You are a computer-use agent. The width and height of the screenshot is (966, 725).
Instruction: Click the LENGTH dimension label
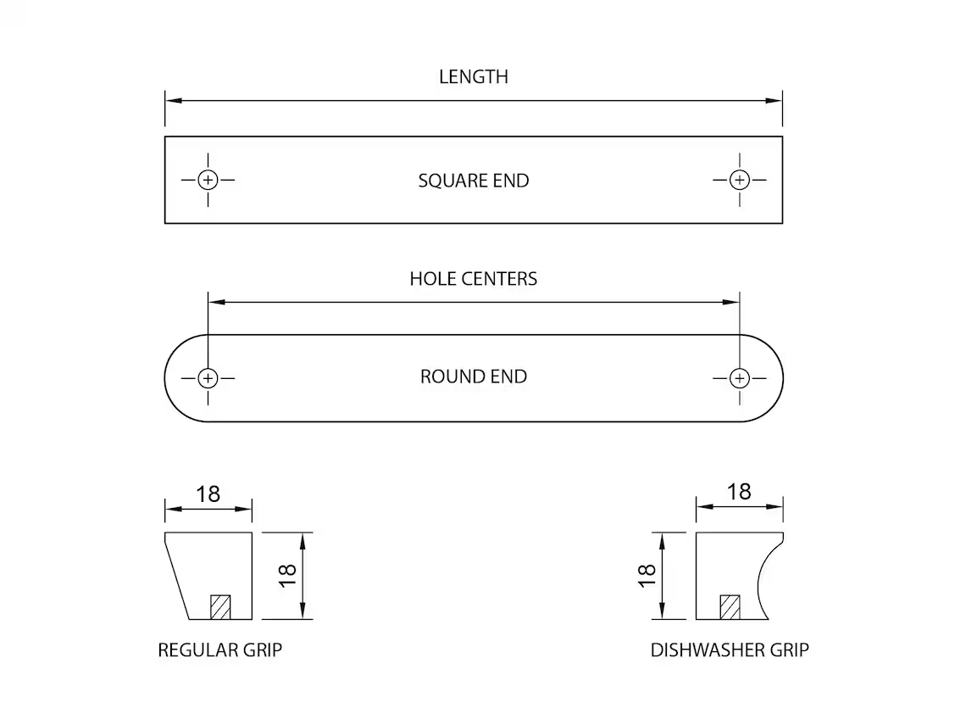click(473, 76)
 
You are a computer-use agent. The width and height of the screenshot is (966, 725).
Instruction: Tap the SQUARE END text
click(473, 181)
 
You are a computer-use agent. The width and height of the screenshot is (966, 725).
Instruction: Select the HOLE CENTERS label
click(473, 279)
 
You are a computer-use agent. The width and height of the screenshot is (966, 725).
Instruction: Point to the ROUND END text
click(473, 376)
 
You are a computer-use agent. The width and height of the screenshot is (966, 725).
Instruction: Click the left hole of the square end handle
click(208, 180)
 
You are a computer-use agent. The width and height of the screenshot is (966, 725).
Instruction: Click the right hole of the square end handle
click(740, 180)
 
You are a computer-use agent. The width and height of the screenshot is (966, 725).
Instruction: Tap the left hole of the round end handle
click(208, 377)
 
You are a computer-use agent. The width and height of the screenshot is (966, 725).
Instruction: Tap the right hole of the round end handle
click(740, 377)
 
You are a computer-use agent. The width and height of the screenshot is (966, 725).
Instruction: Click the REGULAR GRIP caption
click(219, 650)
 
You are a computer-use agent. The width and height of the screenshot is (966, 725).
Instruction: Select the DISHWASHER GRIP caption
click(730, 650)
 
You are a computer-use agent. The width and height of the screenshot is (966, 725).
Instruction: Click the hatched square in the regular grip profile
click(220, 607)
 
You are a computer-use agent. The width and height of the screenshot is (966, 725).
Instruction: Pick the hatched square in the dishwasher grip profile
click(730, 607)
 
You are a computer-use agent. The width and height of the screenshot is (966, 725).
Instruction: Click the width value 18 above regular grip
click(208, 494)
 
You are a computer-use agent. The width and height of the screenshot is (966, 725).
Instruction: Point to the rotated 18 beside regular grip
click(287, 575)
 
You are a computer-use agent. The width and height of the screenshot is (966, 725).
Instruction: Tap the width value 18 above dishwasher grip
click(739, 492)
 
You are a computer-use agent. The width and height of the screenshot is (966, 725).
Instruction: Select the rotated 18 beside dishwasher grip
click(647, 575)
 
